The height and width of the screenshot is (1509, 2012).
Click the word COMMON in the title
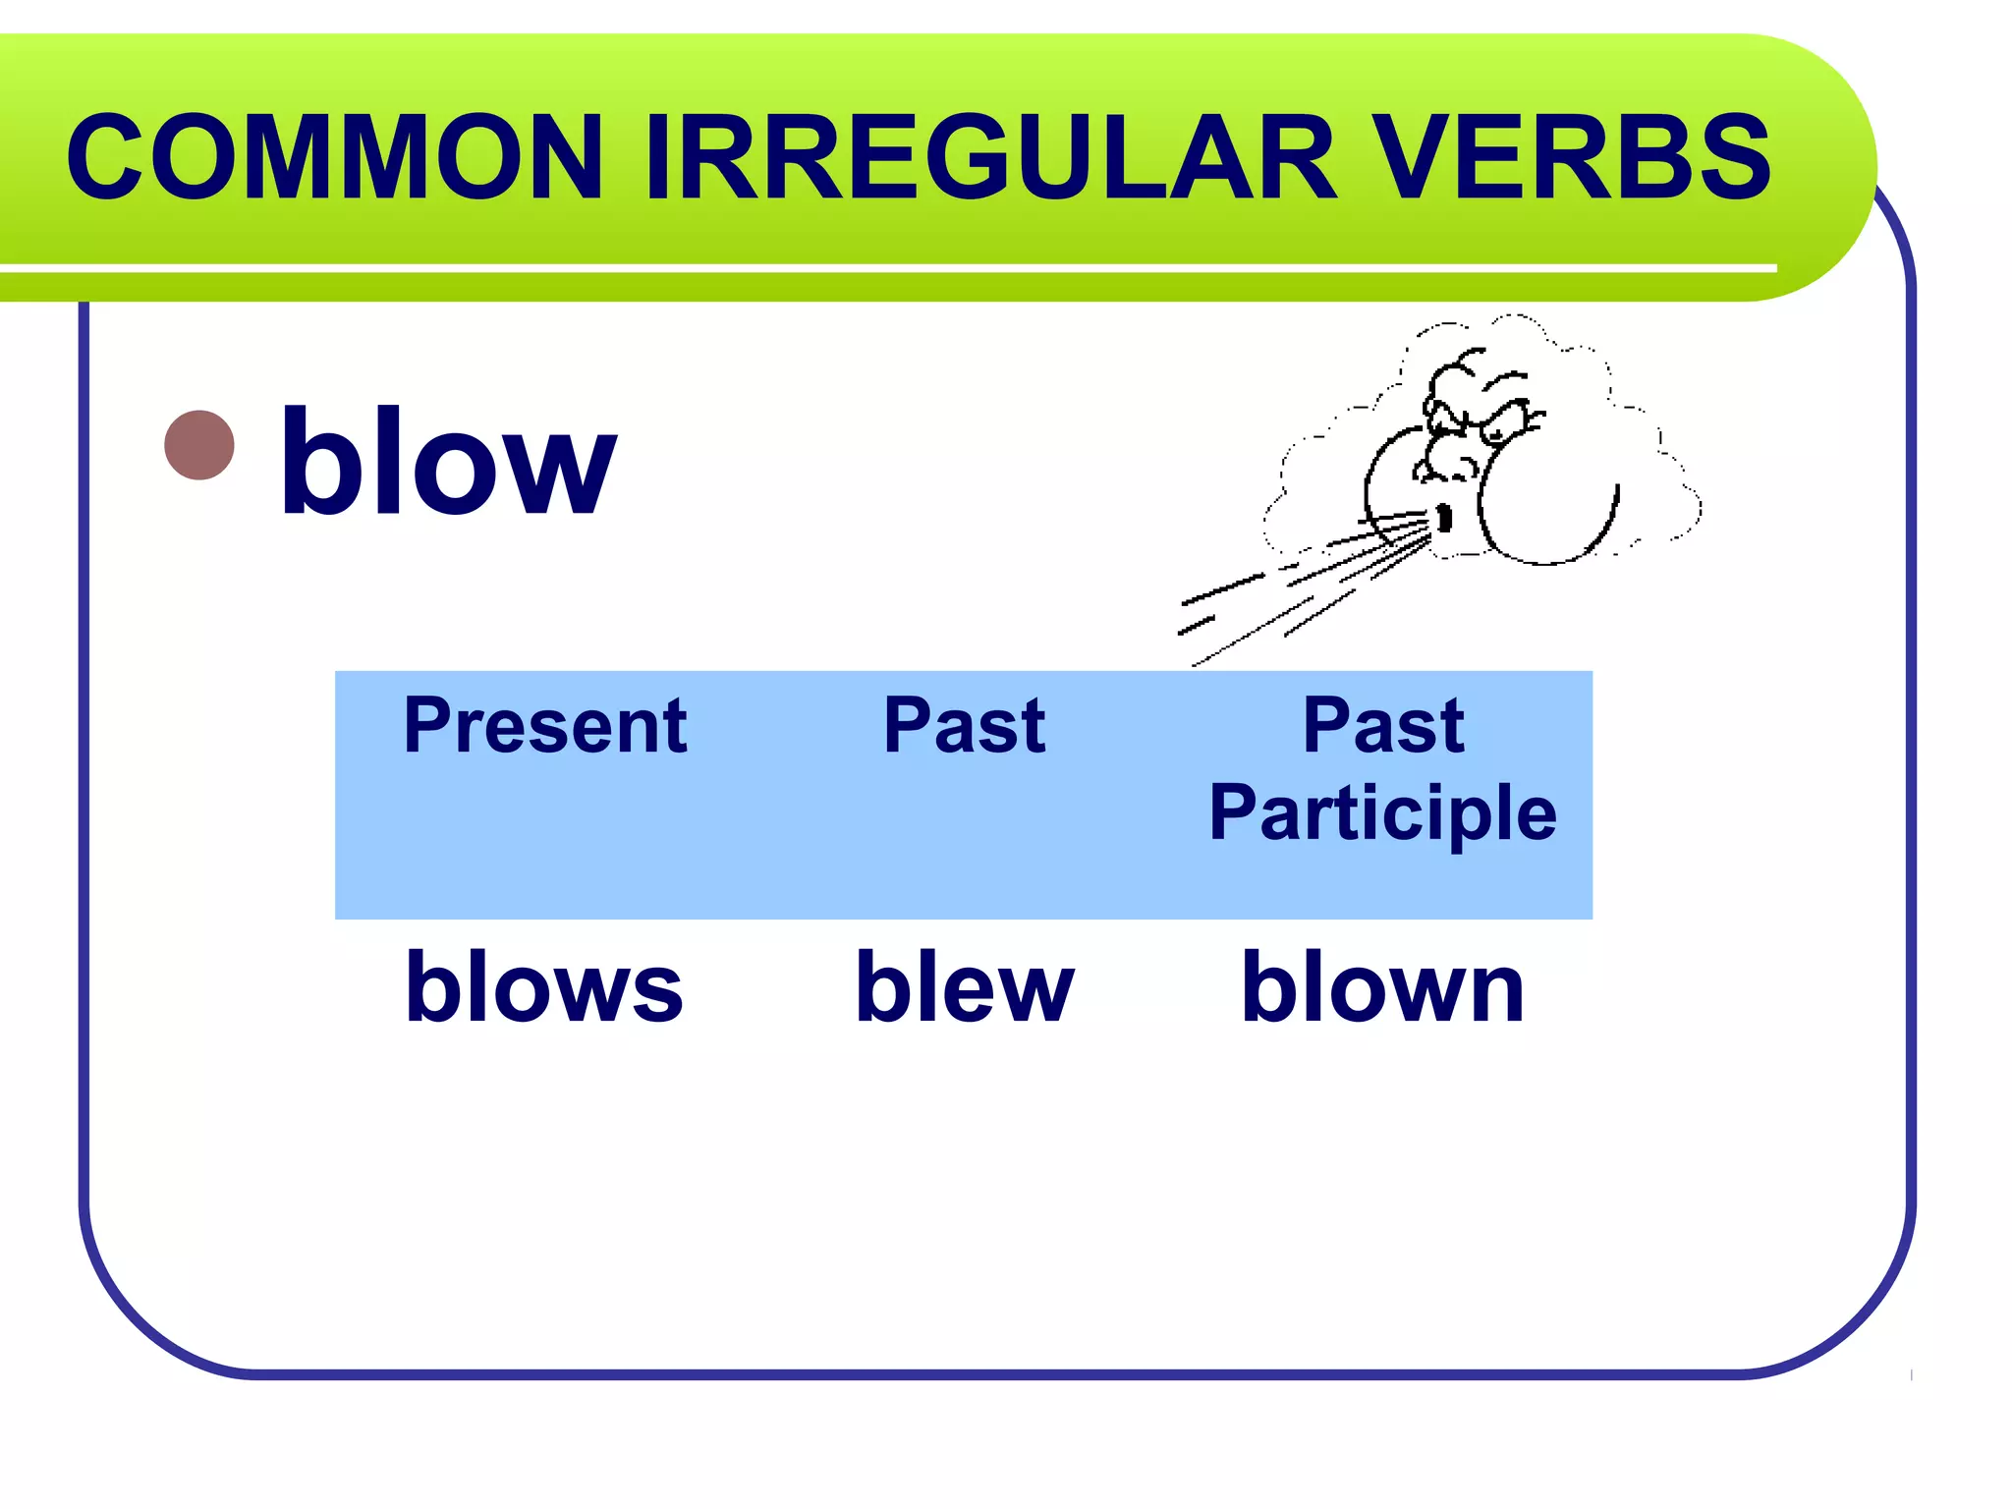point(334,157)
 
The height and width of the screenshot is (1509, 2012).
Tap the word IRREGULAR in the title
point(990,157)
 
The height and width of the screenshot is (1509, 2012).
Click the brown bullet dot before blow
point(199,445)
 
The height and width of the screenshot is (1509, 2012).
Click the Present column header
point(544,726)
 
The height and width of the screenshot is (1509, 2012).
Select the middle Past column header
point(964,726)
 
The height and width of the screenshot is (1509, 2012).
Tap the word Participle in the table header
point(1382,813)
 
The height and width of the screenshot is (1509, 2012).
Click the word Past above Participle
point(1382,726)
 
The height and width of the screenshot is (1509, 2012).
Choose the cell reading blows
point(544,987)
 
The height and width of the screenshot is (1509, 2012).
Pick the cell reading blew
point(964,987)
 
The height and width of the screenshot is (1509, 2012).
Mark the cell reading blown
point(1382,987)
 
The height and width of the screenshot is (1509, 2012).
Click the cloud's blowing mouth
point(1444,517)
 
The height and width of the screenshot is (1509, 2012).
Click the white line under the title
point(884,268)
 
